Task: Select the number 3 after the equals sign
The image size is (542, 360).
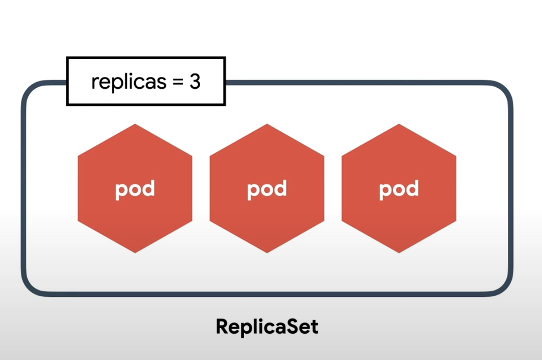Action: (195, 82)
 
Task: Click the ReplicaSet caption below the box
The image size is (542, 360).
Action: (267, 327)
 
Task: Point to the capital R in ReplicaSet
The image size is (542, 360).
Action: (221, 326)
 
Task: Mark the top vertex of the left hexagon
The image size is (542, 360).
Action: (135, 124)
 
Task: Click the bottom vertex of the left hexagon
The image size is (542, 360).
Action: (135, 253)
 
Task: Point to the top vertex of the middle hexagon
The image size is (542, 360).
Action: (267, 124)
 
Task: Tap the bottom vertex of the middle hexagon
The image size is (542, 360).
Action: (267, 253)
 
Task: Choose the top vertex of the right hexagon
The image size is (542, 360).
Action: (399, 124)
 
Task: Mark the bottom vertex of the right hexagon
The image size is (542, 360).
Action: (399, 253)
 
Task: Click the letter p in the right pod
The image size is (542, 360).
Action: (386, 190)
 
